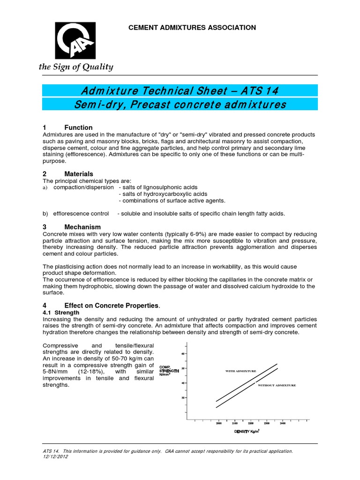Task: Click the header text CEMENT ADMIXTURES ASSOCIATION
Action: coord(192,28)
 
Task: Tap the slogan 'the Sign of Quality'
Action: coord(76,67)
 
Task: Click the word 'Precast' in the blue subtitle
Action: coord(140,104)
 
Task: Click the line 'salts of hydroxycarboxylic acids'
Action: coord(164,194)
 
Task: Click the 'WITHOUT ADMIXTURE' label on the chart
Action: coord(277,385)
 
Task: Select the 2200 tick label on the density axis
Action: coord(250,423)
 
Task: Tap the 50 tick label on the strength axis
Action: coord(182,368)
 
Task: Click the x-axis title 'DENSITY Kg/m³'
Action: coord(247,431)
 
